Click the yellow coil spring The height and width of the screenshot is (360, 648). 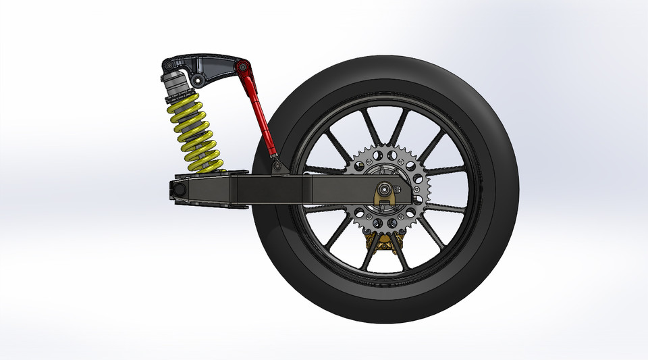coord(194,132)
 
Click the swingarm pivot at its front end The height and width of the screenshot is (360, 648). coord(178,191)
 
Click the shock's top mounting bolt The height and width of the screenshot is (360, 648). coord(168,66)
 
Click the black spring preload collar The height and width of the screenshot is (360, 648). coord(177,95)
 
